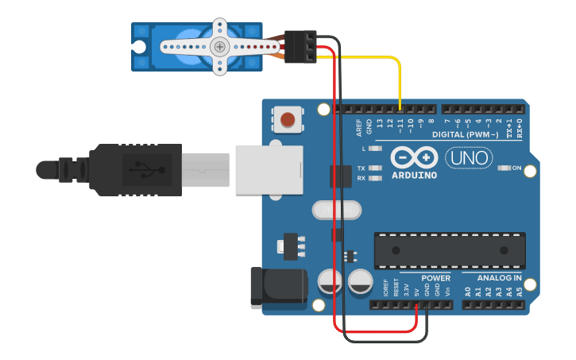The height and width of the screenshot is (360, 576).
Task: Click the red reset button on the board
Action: point(288,121)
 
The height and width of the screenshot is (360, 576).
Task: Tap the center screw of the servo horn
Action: point(220,47)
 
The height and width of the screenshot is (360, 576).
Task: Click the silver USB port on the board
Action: point(269,168)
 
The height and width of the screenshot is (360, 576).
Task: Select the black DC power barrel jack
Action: point(277,288)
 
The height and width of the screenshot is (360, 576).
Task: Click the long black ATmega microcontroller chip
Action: point(450,250)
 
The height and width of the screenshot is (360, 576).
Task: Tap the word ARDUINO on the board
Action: point(413,175)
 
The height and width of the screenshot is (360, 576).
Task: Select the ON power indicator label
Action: point(517,168)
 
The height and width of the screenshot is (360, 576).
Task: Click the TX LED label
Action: point(361,168)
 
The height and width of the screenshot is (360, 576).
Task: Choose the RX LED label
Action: point(361,178)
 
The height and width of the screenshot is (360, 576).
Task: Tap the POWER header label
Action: point(435,278)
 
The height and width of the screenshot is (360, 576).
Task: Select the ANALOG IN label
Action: point(498,278)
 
